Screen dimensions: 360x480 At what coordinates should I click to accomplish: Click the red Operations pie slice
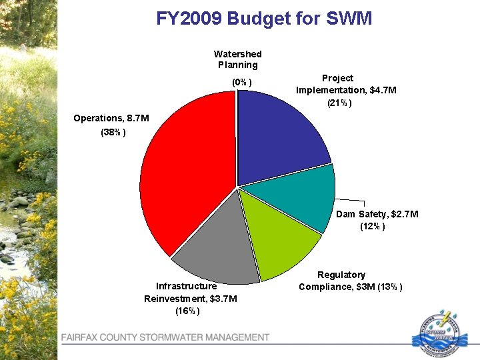[187, 173]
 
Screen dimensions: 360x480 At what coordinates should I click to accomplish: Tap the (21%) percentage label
[339, 103]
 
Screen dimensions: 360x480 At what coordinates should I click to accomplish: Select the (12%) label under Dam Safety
[372, 227]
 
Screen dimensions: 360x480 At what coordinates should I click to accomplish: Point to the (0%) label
[241, 82]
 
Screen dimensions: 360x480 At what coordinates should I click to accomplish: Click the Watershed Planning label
[237, 59]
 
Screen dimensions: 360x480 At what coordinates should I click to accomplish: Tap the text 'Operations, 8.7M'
[111, 118]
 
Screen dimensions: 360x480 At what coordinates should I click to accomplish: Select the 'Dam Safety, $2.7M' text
[377, 214]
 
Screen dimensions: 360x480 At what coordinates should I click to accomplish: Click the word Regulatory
[341, 275]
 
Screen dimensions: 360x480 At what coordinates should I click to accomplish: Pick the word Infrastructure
[186, 286]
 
